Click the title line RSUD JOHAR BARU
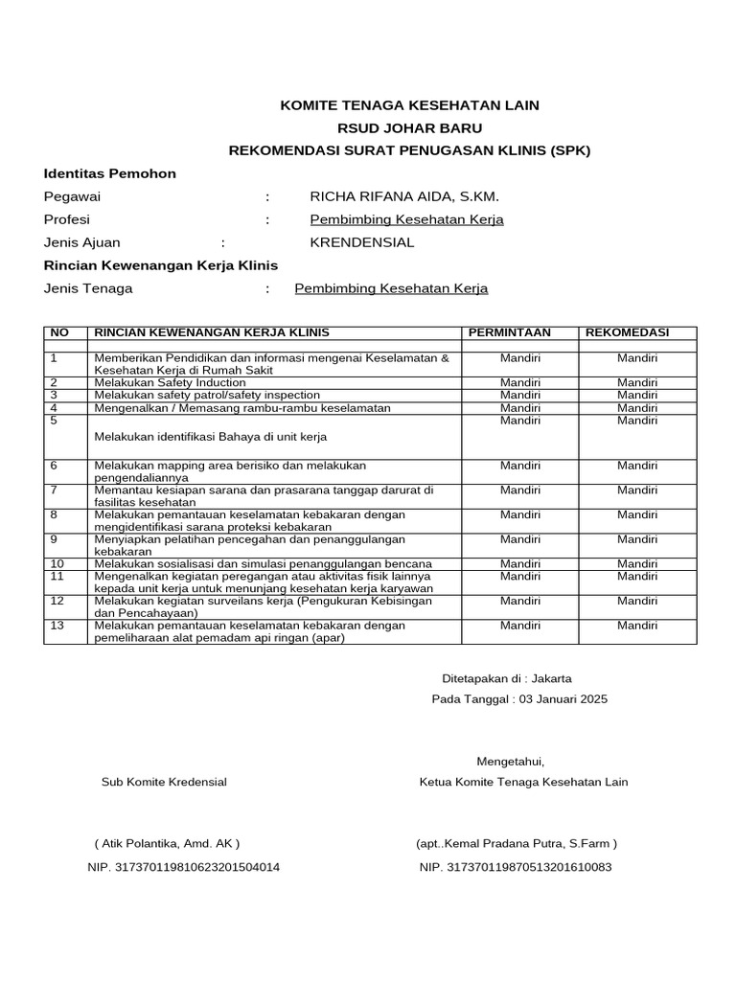(x=409, y=127)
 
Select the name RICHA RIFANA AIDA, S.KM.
(x=404, y=196)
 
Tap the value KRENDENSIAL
(x=362, y=242)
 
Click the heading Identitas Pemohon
(x=110, y=173)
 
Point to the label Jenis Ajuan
(x=82, y=242)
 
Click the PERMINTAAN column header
(x=509, y=332)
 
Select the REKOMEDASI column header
(x=627, y=332)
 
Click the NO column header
(x=59, y=332)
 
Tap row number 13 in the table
(x=57, y=626)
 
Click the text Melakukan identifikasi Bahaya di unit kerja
(x=211, y=437)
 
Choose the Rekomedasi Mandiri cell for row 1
(x=637, y=357)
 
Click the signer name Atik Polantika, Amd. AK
(x=167, y=844)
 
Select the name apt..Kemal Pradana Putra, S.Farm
(x=517, y=844)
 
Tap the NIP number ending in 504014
(x=184, y=867)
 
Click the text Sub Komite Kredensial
(x=164, y=782)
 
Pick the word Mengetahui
(x=510, y=762)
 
